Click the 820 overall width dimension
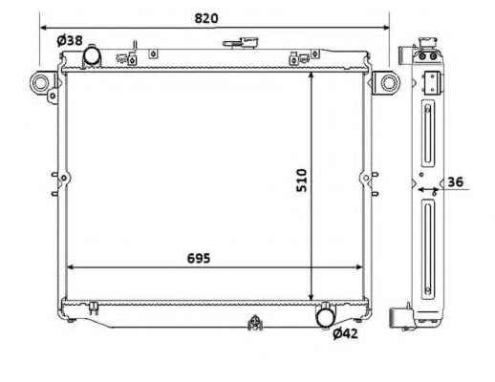coord(206,18)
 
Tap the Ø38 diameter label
coord(70,40)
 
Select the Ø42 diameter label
coord(345,333)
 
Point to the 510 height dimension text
coord(301,180)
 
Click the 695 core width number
coord(199,258)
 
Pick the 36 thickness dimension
coord(456,181)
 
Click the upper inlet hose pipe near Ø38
coord(92,55)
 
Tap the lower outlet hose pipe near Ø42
coord(326,315)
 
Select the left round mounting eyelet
coord(40,82)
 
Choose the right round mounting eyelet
coord(389,82)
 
